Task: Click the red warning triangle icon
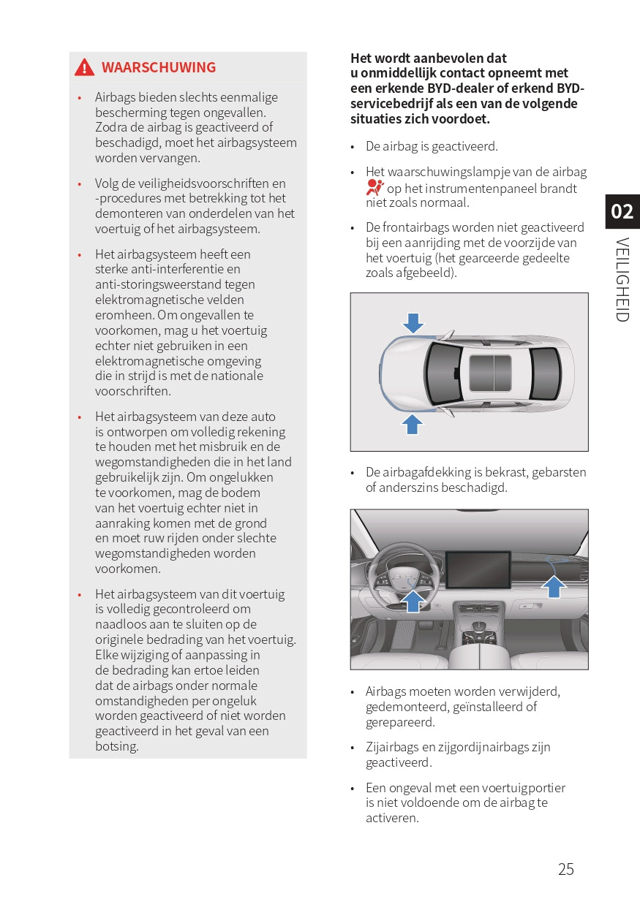pos(84,67)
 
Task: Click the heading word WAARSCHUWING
pos(159,67)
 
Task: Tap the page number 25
pos(565,869)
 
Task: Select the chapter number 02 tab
pos(622,211)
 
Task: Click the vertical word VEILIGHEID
pos(622,279)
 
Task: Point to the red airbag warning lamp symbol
pos(374,187)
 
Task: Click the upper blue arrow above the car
pos(413,322)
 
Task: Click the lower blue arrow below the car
pos(413,423)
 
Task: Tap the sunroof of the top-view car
pos(490,372)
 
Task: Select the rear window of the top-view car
pos(545,373)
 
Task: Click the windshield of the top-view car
pos(444,373)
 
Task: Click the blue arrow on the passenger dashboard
pos(554,585)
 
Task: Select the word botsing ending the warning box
pos(116,746)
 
